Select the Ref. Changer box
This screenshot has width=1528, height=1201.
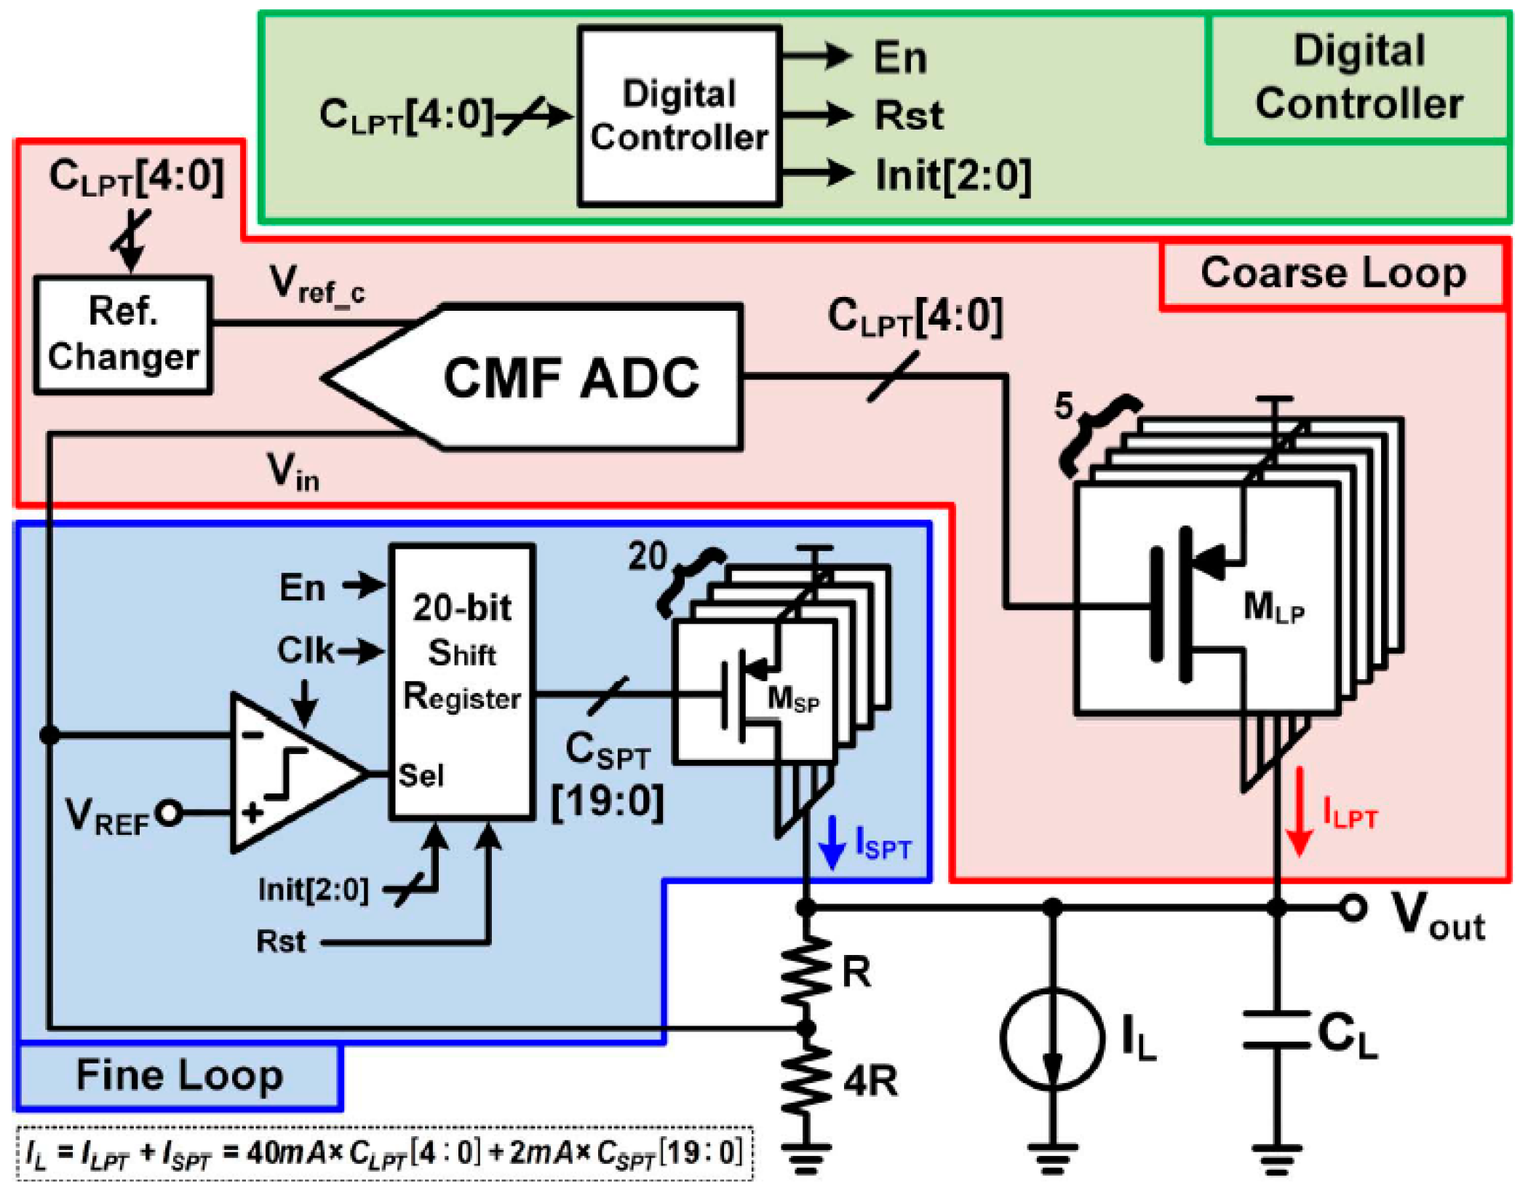click(123, 335)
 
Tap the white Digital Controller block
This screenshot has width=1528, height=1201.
click(679, 116)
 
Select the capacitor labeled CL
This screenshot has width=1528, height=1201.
click(1276, 1030)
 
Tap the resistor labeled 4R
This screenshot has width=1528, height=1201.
click(806, 1081)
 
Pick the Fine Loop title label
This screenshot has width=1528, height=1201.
click(179, 1076)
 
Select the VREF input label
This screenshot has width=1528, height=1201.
click(107, 815)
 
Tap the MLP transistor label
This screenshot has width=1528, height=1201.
click(1273, 608)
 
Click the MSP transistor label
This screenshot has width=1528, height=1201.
click(793, 699)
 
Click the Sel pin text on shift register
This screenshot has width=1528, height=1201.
click(421, 776)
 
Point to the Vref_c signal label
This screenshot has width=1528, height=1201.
click(317, 284)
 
